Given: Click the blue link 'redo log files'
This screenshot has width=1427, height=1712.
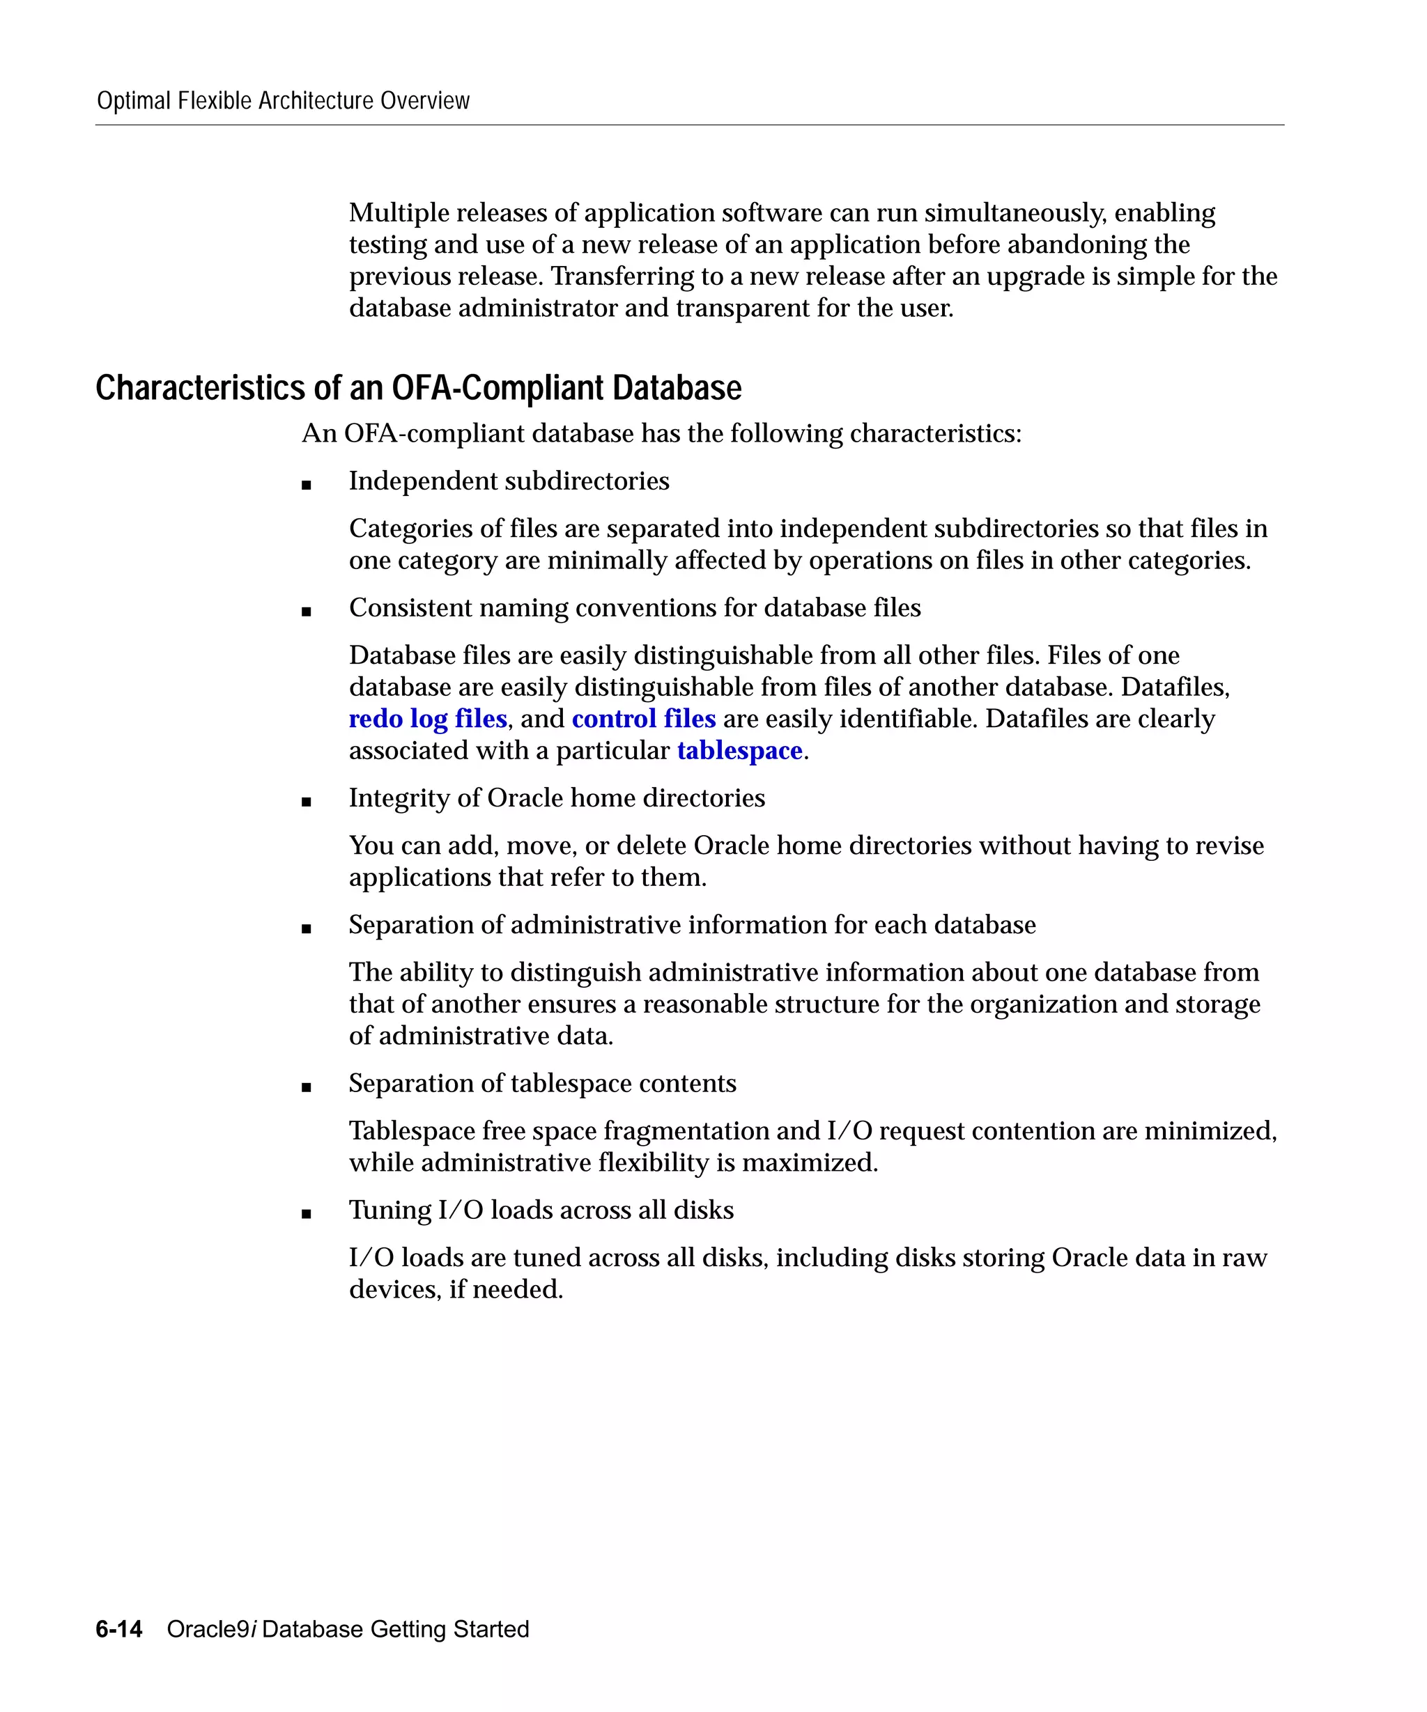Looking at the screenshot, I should [x=427, y=719].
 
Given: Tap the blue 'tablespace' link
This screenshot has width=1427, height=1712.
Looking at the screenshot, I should [x=739, y=751].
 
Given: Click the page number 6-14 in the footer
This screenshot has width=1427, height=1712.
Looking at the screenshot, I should [x=119, y=1629].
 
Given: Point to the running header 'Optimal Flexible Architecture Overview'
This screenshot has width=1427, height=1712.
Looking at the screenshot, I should [x=283, y=101].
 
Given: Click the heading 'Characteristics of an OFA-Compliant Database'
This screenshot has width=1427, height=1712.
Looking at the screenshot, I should [x=418, y=388].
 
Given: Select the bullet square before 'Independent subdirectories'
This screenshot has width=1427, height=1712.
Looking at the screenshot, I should [x=307, y=485].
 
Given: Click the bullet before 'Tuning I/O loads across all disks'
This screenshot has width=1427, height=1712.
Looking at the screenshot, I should [x=307, y=1214].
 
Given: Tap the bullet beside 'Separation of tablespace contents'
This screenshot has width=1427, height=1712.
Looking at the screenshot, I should [x=307, y=1087].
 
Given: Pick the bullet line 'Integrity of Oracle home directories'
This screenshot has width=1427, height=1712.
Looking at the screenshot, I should [x=557, y=798].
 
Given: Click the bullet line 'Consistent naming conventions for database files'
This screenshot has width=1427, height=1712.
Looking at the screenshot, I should [x=634, y=608].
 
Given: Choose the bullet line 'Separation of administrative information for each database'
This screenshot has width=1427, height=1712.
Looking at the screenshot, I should [x=693, y=925].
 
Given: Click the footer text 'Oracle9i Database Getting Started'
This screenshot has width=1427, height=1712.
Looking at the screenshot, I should [x=348, y=1629].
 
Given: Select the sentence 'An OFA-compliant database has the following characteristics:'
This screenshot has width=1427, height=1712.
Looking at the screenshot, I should [x=661, y=434].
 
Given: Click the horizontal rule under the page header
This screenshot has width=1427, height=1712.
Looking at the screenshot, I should [x=689, y=125].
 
